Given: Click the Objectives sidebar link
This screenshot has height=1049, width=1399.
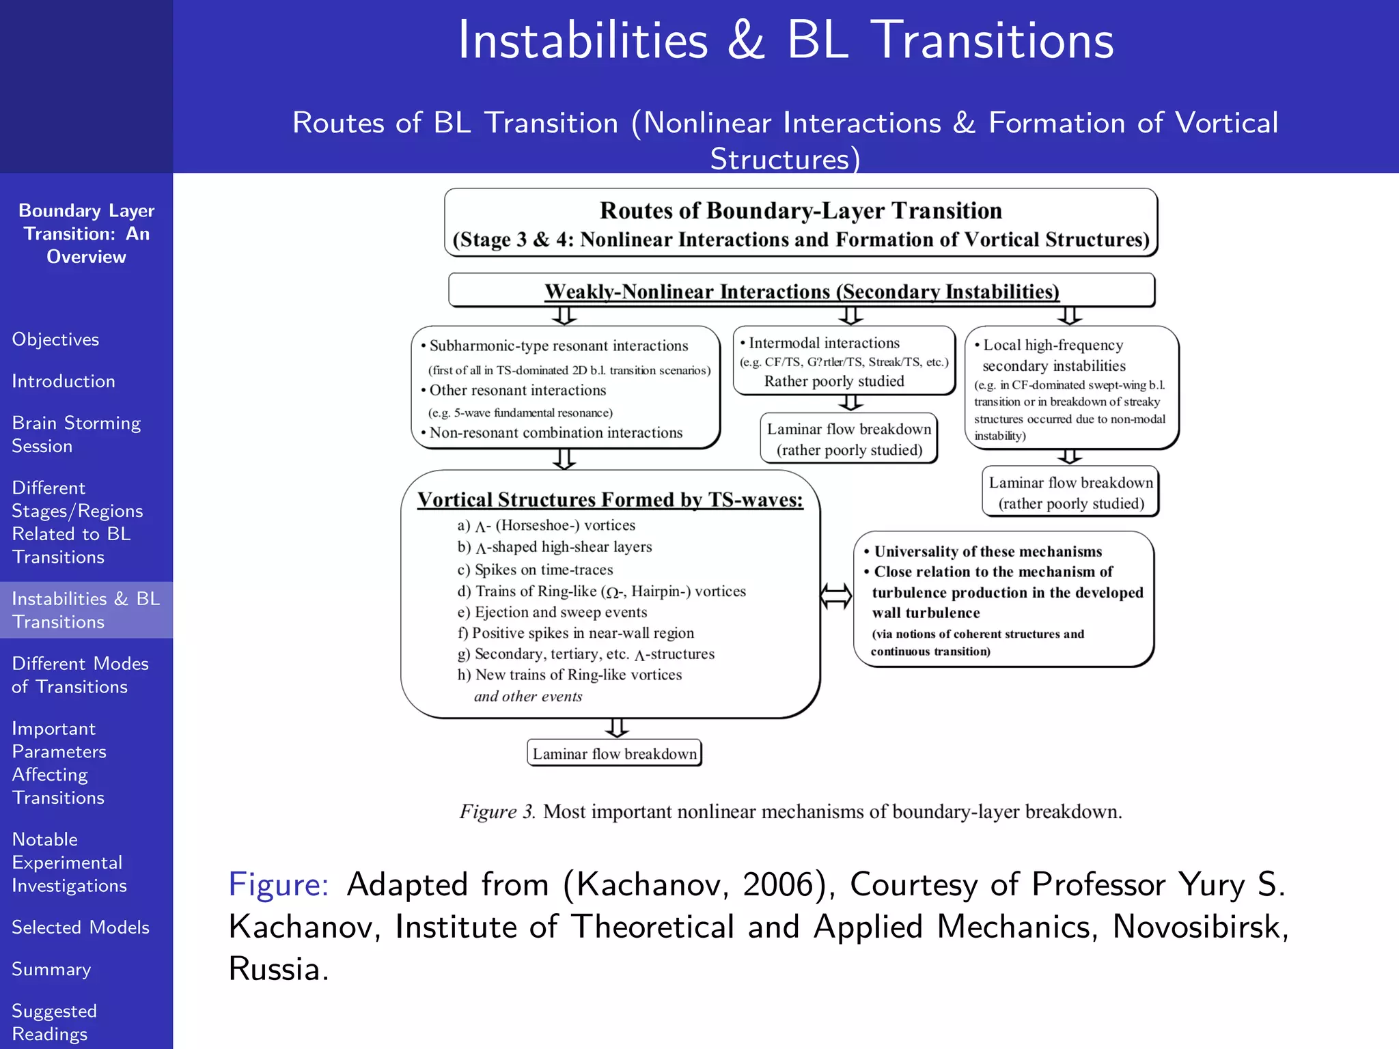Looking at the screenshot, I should click(55, 339).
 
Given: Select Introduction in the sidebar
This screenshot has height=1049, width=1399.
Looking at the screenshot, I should click(64, 381).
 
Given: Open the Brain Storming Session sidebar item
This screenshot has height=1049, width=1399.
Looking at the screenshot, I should click(76, 434).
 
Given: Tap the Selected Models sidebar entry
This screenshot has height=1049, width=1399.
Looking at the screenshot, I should click(81, 927).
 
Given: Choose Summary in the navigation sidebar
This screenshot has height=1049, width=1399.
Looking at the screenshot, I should click(51, 969).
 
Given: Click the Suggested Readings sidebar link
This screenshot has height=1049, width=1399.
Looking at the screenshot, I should click(55, 1022).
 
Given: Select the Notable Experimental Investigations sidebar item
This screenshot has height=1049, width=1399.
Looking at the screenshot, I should click(69, 862).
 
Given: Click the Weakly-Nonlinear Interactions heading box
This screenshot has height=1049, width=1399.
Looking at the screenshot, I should click(801, 291).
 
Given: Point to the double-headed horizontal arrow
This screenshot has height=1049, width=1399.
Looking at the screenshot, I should click(836, 596).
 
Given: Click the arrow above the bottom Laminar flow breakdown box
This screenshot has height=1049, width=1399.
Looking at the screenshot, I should click(617, 728).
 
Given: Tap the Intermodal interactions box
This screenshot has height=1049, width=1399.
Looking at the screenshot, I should click(844, 361).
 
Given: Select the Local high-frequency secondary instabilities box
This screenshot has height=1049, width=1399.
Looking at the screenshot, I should click(1071, 388).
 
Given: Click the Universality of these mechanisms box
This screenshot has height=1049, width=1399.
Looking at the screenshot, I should click(1003, 599).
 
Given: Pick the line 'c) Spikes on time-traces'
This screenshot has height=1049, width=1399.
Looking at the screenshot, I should click(535, 570).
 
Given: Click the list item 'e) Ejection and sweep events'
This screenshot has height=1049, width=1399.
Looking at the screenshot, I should click(552, 612).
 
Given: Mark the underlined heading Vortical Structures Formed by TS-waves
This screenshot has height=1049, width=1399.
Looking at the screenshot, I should click(610, 500).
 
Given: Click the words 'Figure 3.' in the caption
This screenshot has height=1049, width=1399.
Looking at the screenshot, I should click(497, 811).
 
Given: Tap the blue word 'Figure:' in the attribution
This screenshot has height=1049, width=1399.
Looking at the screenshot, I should click(279, 884).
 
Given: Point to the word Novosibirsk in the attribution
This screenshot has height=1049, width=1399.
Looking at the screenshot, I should click(1200, 927).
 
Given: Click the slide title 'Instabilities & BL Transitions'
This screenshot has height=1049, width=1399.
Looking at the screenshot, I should click(786, 40).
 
